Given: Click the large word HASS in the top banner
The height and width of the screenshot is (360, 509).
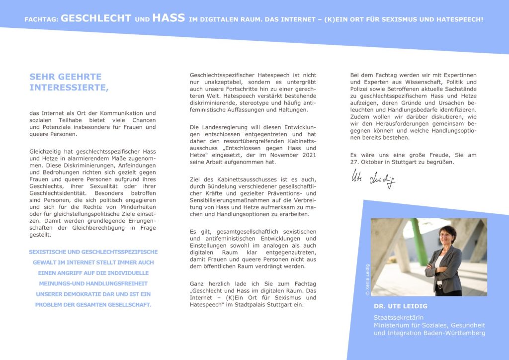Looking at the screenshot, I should click(169, 19).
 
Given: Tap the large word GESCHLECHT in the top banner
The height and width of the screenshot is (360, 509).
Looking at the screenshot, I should click(95, 19).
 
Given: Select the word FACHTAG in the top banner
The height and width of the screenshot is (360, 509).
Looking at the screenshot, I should click(41, 20).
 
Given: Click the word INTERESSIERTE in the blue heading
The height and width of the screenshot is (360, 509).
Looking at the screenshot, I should click(68, 88).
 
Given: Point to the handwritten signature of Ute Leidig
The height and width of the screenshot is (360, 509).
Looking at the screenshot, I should click(373, 179).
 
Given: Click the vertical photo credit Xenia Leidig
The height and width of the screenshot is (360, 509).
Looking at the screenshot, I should click(367, 279).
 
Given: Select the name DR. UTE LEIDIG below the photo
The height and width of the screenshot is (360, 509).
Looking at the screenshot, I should click(400, 306).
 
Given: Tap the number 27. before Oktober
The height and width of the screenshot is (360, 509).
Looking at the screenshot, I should click(356, 162).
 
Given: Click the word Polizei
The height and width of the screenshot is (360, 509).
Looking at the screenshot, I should click(361, 89).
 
